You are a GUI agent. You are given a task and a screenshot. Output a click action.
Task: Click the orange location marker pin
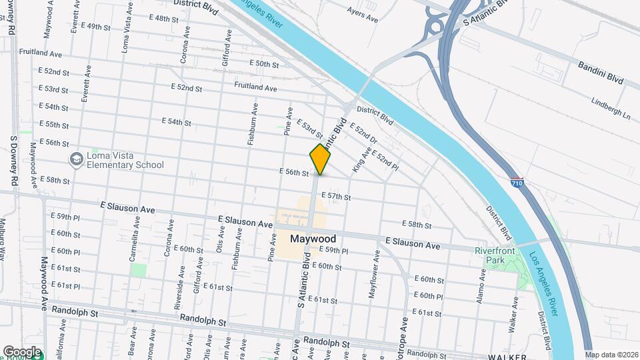(320, 159)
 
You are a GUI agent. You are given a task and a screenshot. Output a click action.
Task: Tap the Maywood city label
(313, 239)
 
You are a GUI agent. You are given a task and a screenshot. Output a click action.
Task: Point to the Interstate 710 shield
(517, 182)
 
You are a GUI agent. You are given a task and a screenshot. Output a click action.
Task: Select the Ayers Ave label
(364, 10)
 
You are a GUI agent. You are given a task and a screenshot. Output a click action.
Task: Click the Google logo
(22, 351)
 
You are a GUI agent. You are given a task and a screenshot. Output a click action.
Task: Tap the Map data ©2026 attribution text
(611, 354)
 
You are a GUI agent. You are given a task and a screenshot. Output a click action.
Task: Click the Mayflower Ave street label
(376, 273)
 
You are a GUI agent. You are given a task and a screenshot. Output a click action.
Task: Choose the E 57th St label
(336, 197)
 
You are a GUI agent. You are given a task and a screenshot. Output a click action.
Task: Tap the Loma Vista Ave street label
(126, 30)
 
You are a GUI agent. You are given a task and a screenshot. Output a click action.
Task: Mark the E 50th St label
(263, 64)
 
